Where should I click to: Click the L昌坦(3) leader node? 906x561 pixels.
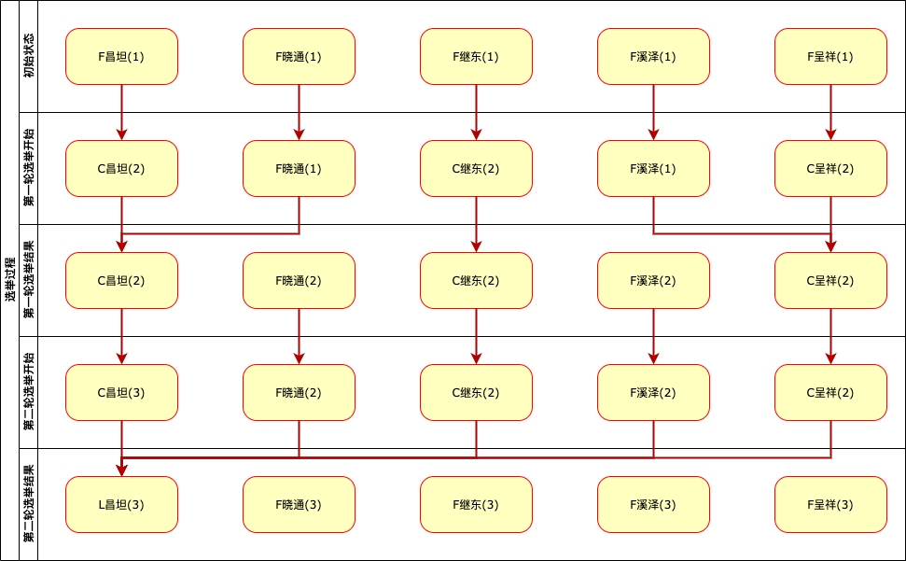(x=121, y=504)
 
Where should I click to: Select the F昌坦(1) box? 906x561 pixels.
(x=121, y=56)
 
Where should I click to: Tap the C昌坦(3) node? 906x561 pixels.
(x=121, y=392)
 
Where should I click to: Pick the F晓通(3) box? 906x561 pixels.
(x=299, y=504)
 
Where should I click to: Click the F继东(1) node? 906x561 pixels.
(x=476, y=56)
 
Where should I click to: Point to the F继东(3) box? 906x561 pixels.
(x=476, y=504)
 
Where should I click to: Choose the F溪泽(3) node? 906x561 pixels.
(x=653, y=504)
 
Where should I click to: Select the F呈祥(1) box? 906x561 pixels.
(x=830, y=56)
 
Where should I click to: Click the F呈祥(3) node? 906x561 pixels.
(x=830, y=504)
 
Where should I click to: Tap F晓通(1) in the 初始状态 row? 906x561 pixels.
(x=299, y=56)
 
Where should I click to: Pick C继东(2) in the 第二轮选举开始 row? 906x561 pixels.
(x=476, y=392)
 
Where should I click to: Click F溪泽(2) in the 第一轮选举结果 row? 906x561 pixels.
(x=653, y=280)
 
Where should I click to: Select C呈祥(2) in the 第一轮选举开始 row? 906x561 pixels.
(x=830, y=168)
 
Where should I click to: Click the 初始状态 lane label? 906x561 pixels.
(x=29, y=56)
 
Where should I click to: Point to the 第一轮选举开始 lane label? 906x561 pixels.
(x=29, y=168)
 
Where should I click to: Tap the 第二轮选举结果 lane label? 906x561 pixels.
(x=29, y=504)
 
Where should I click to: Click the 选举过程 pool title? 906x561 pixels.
(x=9, y=280)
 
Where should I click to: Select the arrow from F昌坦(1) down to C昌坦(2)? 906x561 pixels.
(x=121, y=112)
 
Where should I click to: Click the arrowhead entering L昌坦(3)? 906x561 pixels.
(x=121, y=470)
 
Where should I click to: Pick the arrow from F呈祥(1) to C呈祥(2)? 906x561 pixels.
(x=830, y=112)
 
